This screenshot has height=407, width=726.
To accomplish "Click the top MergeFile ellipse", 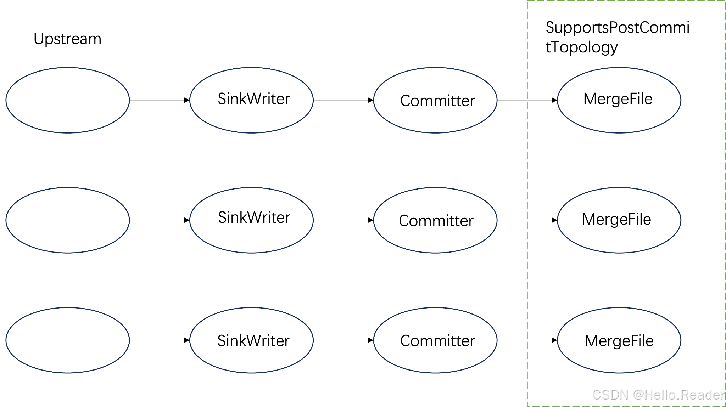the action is click(x=619, y=100).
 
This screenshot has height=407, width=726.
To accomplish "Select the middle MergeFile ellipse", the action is click(x=619, y=220).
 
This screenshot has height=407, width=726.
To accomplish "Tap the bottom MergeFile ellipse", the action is click(x=619, y=340).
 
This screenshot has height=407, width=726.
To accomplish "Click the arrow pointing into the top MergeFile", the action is click(x=542, y=100).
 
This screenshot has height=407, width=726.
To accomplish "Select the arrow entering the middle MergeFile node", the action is click(x=542, y=220).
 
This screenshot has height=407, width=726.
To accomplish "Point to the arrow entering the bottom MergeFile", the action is click(x=542, y=340).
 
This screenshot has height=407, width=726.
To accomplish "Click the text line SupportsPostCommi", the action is click(x=617, y=28).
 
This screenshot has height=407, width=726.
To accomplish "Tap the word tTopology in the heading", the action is click(x=581, y=47).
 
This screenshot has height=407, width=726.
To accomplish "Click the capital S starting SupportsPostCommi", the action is click(x=550, y=28).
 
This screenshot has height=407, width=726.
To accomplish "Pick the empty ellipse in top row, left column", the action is click(x=68, y=100).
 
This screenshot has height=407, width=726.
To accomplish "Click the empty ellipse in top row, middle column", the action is click(x=251, y=100).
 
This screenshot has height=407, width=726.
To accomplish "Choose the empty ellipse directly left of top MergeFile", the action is click(x=435, y=100).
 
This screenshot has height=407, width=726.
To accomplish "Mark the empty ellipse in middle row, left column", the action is click(x=68, y=220).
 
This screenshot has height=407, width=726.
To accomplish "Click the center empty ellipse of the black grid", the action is click(x=251, y=220).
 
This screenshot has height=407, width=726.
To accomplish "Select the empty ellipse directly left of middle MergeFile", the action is click(x=435, y=220).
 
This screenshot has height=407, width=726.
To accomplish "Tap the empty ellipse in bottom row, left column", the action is click(x=68, y=340).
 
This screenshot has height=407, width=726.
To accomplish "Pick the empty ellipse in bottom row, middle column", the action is click(x=251, y=340).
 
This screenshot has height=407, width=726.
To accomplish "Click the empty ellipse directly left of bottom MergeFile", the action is click(x=435, y=340).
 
